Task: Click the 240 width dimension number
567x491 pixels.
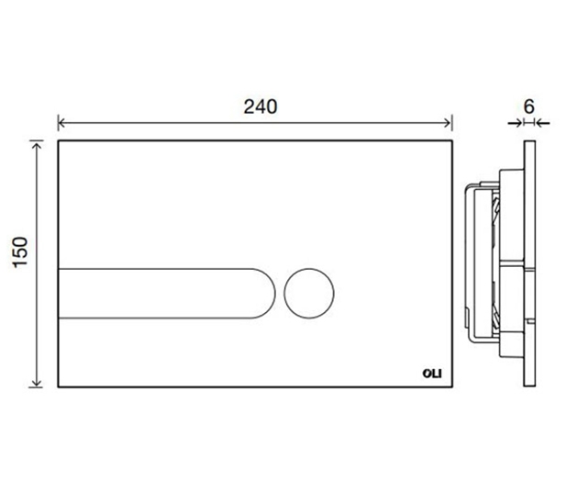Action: coord(261,106)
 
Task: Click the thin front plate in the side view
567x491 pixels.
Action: coord(528,263)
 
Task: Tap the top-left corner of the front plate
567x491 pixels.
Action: coord(59,141)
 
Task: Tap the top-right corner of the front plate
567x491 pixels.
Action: coord(452,141)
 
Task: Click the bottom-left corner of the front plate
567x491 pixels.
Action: coord(59,385)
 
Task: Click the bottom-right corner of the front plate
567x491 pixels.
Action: coord(452,385)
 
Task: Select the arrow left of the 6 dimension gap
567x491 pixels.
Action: coord(517,122)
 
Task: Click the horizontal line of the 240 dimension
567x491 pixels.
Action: coord(183,123)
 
